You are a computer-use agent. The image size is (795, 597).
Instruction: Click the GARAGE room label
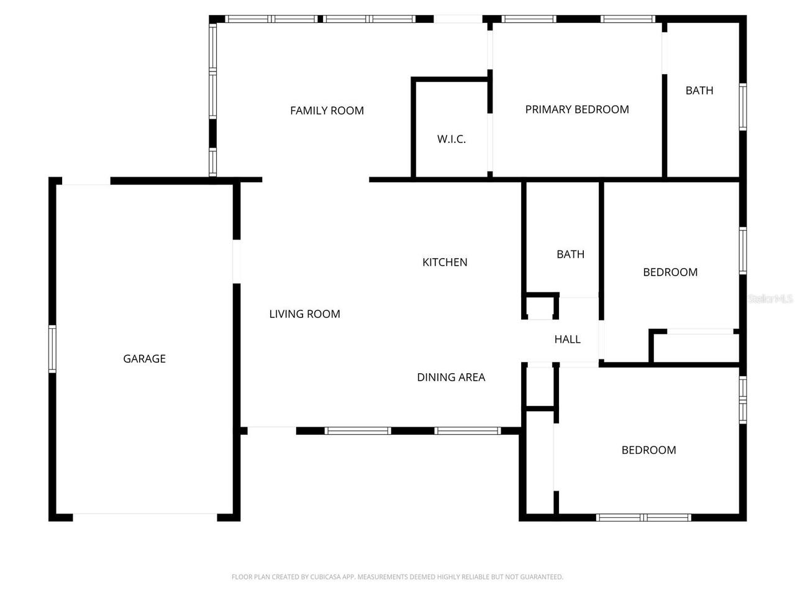coord(144,359)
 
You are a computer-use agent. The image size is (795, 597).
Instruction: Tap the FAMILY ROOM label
coord(327,111)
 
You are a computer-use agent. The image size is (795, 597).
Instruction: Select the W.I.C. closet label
coord(452,139)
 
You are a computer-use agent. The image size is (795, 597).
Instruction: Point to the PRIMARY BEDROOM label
coord(577,109)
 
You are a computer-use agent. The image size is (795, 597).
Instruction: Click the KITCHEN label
coord(445,262)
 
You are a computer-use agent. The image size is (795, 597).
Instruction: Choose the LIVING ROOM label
coord(304,314)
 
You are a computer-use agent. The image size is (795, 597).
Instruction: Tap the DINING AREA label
coord(451,377)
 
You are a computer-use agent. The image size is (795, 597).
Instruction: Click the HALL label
coord(567,340)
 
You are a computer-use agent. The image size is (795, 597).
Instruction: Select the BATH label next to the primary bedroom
coord(699,91)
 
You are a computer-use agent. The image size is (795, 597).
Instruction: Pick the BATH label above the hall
coord(570,254)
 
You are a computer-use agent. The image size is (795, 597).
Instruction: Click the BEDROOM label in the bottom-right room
coord(648,450)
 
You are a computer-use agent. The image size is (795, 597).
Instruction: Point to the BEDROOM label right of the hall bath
coord(670,272)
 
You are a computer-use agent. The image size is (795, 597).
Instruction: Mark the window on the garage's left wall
coord(52,349)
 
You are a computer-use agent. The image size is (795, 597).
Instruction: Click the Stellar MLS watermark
coord(770,299)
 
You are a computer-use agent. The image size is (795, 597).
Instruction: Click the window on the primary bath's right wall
coord(742,107)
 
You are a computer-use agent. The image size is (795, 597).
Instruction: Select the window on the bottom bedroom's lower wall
coord(643,517)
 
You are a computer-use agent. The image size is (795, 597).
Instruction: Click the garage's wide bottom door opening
coord(145,517)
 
